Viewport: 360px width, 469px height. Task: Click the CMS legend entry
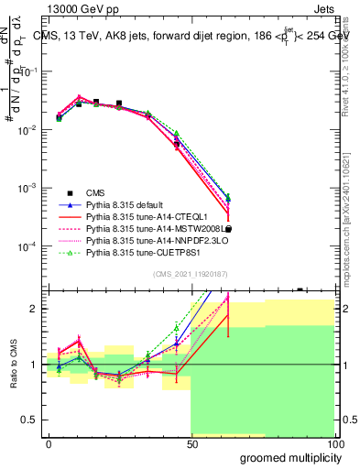click(95, 192)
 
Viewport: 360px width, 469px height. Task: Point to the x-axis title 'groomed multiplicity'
click(289, 457)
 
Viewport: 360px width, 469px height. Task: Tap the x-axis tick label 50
click(191, 443)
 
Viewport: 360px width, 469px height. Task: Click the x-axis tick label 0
click(49, 443)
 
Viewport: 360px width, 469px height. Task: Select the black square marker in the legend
click(70, 192)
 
